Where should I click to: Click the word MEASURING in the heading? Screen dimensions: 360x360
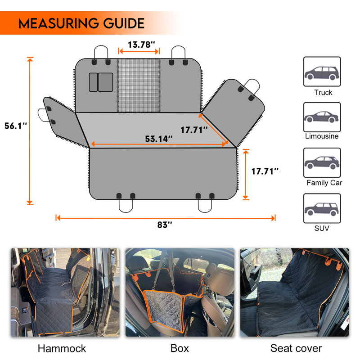58,23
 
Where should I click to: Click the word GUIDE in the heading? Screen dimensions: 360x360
124,23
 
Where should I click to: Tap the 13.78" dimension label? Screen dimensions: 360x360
141,45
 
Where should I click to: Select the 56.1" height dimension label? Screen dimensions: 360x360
16,126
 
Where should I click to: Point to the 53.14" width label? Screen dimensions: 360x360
159,139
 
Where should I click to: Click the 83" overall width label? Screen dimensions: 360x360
165,225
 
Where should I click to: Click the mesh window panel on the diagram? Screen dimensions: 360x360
139,85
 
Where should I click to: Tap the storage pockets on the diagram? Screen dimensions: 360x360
101,82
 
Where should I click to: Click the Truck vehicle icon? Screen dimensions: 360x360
322,72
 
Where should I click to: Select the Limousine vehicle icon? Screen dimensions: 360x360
322,117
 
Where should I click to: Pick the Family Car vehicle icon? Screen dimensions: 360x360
322,162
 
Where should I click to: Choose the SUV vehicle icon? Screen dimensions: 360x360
322,208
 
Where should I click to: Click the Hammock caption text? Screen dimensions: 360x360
62,348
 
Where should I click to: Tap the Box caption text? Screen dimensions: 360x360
180,348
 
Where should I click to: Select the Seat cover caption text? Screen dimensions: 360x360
296,348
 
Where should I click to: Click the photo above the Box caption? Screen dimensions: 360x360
180,292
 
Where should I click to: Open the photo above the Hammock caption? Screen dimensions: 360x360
65,292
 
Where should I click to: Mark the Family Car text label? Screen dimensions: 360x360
324,183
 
